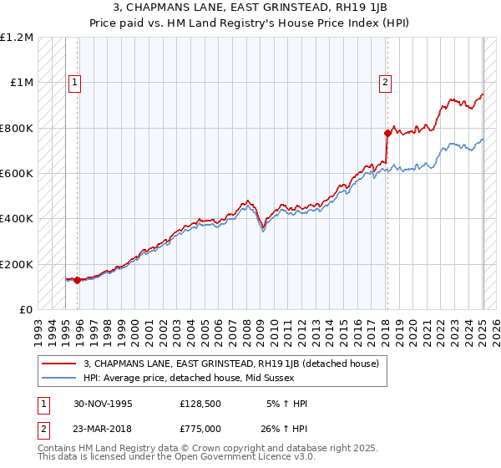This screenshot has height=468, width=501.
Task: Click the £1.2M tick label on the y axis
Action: point(17,38)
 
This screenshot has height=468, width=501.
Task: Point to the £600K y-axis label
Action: point(17,174)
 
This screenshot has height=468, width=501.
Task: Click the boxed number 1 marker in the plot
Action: point(75,83)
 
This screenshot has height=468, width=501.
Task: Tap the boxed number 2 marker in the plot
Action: point(385,83)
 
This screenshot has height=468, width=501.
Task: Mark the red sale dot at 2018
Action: point(387,133)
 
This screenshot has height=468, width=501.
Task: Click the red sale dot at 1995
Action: point(77,280)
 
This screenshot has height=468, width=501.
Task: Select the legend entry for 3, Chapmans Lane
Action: point(231,364)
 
